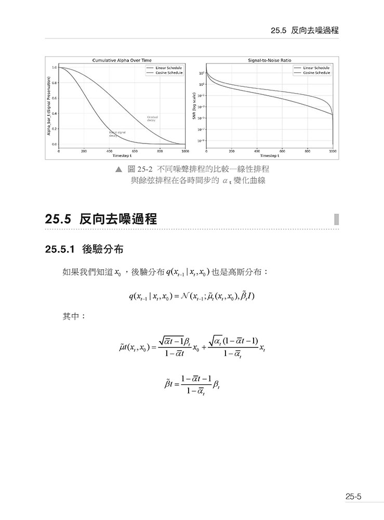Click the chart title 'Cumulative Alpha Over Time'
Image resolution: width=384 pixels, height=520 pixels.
[122, 60]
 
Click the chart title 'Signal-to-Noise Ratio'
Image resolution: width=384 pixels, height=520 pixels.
[270, 60]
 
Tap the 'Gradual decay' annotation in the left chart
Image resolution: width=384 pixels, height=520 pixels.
[153, 119]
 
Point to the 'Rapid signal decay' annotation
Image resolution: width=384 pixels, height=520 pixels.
[117, 133]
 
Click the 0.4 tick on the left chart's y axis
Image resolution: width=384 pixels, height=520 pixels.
[55, 113]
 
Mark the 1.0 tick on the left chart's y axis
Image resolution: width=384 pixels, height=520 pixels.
[55, 68]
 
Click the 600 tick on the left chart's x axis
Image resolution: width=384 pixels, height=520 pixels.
[135, 151]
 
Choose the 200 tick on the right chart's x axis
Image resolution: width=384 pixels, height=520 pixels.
[232, 151]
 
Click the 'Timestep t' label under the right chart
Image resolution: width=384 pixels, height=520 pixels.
[270, 155]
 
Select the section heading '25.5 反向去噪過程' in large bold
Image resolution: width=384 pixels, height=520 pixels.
[101, 219]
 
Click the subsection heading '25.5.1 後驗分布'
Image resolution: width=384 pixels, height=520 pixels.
[84, 249]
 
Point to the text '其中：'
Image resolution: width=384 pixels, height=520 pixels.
[74, 316]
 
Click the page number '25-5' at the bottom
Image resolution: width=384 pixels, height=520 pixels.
[353, 497]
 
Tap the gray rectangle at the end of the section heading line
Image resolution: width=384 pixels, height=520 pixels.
[336, 219]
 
